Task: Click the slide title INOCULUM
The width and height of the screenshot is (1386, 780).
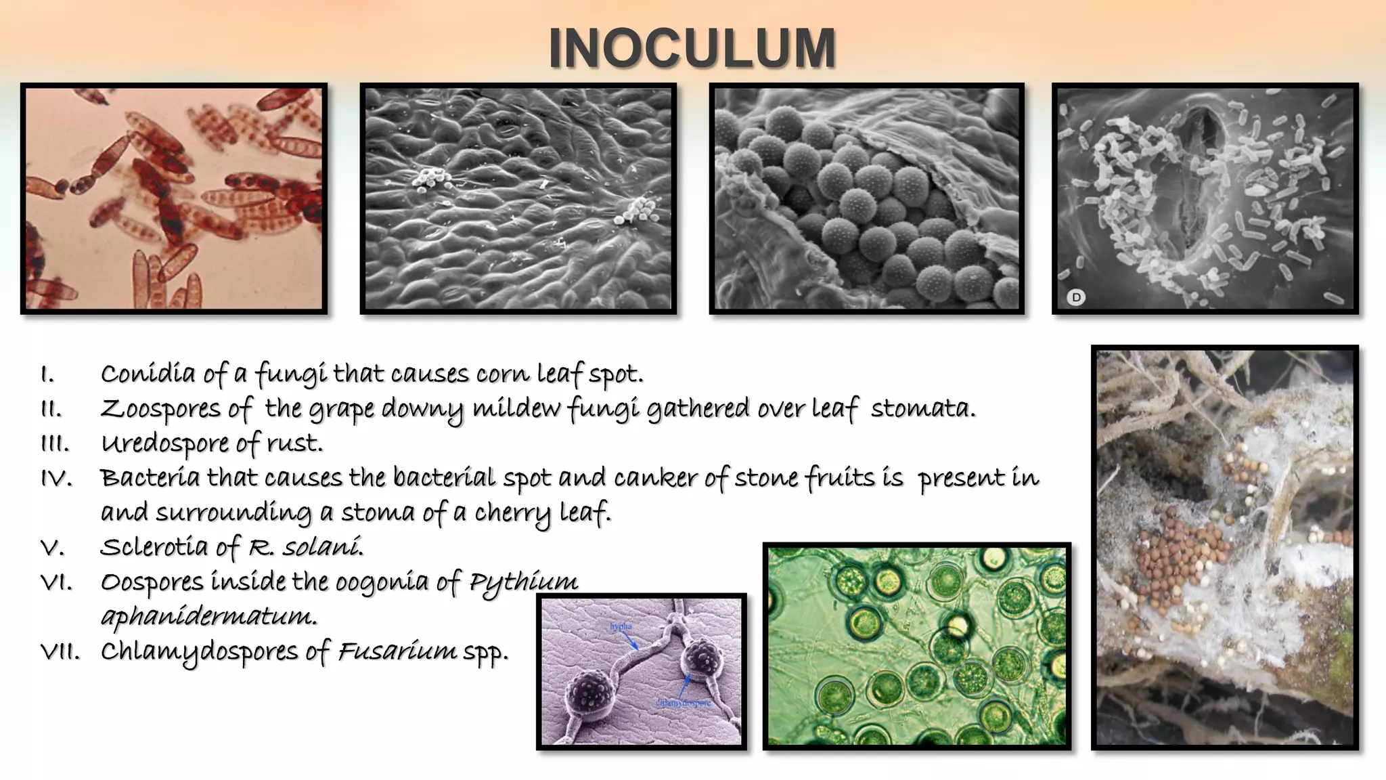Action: [692, 49]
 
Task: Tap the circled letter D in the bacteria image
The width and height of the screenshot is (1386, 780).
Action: [1075, 297]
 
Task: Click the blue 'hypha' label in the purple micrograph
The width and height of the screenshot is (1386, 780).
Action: [621, 626]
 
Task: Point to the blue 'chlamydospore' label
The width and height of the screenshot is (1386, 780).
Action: [684, 703]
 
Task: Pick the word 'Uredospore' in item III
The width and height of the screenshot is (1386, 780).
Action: [165, 443]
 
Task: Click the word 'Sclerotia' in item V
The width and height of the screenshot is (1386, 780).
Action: [154, 547]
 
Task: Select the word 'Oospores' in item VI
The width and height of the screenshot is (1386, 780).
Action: [152, 582]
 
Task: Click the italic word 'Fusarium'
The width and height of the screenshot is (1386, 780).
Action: [397, 651]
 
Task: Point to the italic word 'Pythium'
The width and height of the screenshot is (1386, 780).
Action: [524, 582]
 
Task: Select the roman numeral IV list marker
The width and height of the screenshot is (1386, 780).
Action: [56, 478]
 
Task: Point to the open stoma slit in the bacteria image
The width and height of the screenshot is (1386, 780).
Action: [1201, 176]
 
